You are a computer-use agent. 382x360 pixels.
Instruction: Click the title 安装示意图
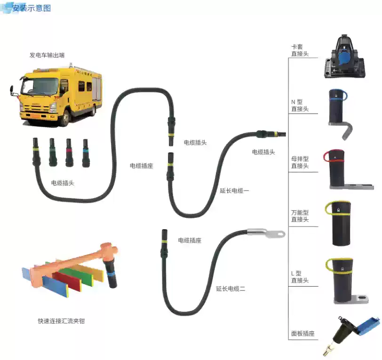pyautogui.click(x=31, y=8)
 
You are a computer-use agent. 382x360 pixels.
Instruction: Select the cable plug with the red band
pyautogui.click(x=69, y=152)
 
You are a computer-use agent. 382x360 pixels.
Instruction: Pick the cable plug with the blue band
pyautogui.click(x=86, y=152)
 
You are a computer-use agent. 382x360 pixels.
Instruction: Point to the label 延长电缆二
pyautogui.click(x=231, y=288)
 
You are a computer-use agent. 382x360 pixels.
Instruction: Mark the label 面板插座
pyautogui.click(x=302, y=334)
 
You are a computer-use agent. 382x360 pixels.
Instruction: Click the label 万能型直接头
pyautogui.click(x=300, y=216)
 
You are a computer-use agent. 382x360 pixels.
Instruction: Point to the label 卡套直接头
pyautogui.click(x=300, y=50)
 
